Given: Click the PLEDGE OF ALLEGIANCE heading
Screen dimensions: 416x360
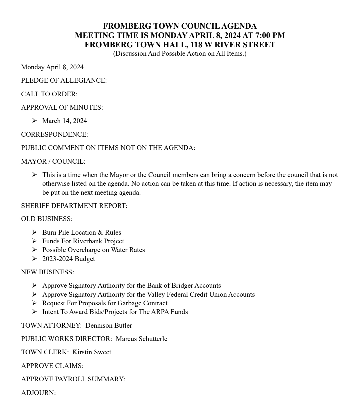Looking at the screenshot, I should click(64, 81).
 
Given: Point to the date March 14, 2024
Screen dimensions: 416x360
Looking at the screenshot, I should click(65, 121).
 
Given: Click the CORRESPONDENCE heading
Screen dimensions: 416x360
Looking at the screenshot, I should click(55, 134).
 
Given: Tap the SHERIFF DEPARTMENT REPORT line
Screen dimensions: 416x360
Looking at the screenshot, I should click(74, 206).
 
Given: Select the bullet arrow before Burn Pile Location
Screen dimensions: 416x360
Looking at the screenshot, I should click(34, 232).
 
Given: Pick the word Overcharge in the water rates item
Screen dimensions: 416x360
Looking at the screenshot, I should click(84, 250).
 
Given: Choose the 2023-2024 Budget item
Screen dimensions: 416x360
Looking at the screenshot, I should click(69, 259).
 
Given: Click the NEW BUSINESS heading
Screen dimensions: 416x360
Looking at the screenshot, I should click(47, 272).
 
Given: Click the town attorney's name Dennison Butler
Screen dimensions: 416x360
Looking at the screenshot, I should click(109, 325).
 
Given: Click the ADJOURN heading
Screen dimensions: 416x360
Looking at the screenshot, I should click(38, 393).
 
